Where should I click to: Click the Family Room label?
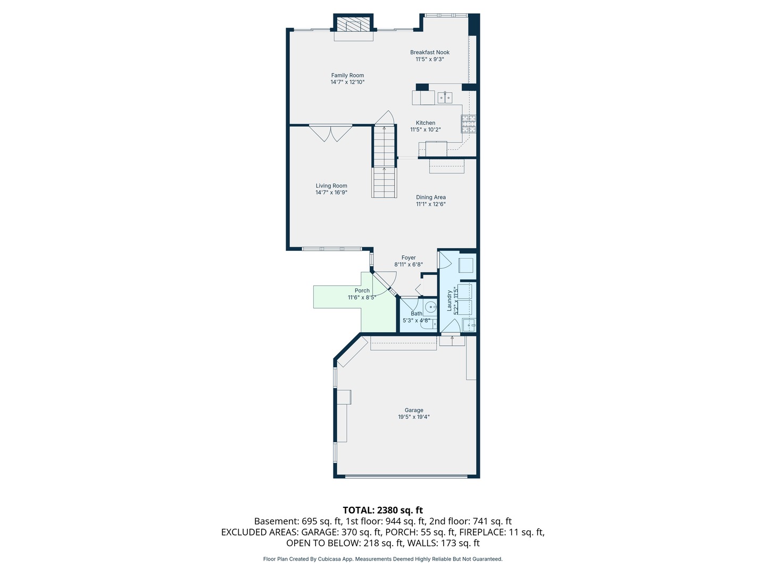click(x=347, y=75)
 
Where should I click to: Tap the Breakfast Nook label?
click(x=429, y=52)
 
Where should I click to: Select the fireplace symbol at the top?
click(x=352, y=25)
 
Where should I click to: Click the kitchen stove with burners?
click(x=468, y=124)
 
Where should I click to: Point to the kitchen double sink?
click(x=445, y=97)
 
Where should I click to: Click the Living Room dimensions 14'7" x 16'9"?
click(x=331, y=193)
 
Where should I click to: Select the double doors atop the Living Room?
click(x=330, y=133)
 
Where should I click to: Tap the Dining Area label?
click(x=430, y=197)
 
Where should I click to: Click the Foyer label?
click(x=409, y=258)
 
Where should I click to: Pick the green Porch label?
click(x=362, y=291)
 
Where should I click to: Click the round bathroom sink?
click(x=430, y=307)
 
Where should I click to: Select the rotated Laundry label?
click(x=449, y=300)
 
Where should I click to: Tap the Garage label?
click(x=413, y=410)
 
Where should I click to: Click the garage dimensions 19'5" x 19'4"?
click(x=413, y=417)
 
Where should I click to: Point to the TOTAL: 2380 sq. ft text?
click(x=382, y=510)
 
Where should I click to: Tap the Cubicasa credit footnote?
click(x=382, y=559)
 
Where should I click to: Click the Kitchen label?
click(x=425, y=122)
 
